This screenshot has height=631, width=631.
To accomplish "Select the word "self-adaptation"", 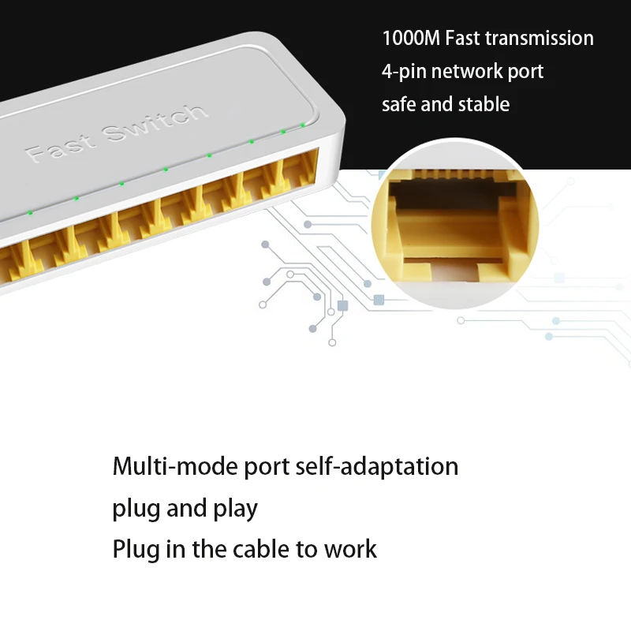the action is coord(376,466).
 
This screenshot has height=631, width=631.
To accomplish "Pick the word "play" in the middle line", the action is coord(235,509).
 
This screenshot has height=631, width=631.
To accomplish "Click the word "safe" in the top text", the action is coord(399,104).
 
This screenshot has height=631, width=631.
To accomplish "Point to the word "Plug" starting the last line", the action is coord(136,550).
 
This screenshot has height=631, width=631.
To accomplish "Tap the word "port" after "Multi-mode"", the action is coord(267,468).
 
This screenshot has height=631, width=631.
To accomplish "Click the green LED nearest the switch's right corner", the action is coord(302,124).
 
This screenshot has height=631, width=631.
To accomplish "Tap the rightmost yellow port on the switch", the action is coord(302,170).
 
